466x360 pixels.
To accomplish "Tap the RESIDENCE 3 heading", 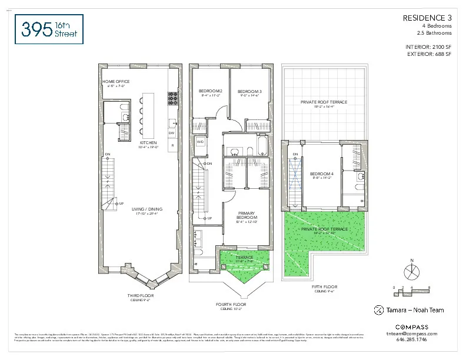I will [x=427, y=18].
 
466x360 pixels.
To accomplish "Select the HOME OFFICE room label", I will [x=116, y=82].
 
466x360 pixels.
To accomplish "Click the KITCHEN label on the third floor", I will [x=148, y=143].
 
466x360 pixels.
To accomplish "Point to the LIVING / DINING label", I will [x=147, y=209].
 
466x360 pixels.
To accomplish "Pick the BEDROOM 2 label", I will [x=210, y=91].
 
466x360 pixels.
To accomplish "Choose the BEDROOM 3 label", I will [x=249, y=91].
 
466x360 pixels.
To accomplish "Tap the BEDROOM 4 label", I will [x=321, y=174].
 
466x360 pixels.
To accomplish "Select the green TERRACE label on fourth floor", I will [x=244, y=257].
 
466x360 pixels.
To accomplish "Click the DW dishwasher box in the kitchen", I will [x=172, y=134].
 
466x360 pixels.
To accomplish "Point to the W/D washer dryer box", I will [x=200, y=142].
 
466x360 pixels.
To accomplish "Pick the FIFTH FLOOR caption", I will [x=324, y=287].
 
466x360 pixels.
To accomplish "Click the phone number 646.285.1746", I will [x=412, y=339].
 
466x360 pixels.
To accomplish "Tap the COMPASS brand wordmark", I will [x=412, y=326].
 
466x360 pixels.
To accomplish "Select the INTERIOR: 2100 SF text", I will [x=428, y=46].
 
